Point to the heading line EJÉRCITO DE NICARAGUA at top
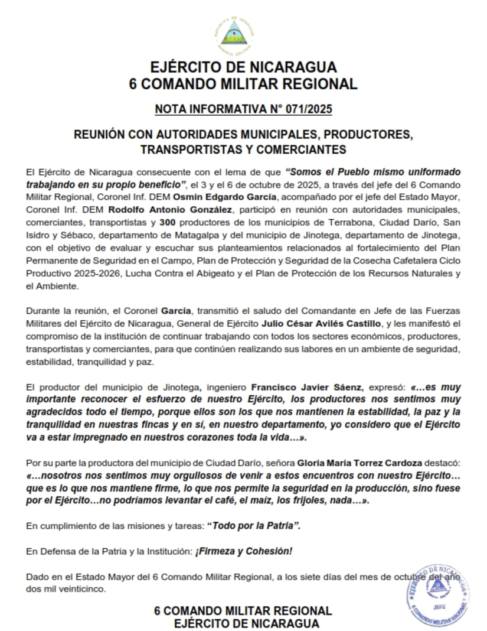(243, 66)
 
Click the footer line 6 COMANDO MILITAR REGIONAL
(243, 610)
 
